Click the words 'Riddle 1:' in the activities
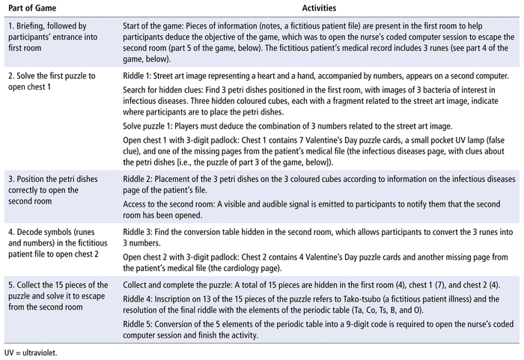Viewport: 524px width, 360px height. tap(139, 75)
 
